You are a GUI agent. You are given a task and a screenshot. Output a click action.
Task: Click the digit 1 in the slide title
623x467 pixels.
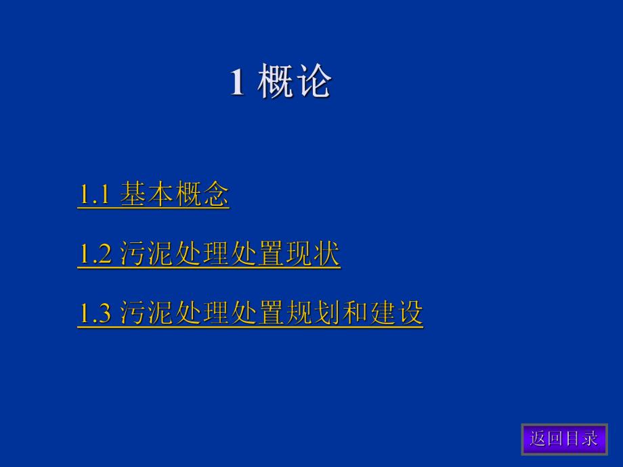click(237, 83)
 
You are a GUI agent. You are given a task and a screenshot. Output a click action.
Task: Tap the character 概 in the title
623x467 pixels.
click(276, 83)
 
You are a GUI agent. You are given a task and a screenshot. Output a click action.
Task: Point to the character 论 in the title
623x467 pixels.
click(314, 83)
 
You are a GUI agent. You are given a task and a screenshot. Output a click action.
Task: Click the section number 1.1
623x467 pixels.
click(94, 196)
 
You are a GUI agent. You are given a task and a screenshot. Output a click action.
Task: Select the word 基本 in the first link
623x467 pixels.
click(147, 196)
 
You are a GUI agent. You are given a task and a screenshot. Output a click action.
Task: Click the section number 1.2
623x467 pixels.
click(94, 254)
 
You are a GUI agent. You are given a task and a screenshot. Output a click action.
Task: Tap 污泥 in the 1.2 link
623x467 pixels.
click(147, 254)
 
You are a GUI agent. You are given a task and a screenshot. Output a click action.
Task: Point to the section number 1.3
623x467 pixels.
click(94, 313)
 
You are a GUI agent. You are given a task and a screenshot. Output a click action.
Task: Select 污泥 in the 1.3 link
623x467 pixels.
click(147, 313)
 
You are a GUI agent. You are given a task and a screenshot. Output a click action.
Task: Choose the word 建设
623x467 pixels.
click(395, 313)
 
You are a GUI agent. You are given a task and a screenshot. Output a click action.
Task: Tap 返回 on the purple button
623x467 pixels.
click(546, 439)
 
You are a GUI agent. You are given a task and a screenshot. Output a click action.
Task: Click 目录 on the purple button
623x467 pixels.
click(581, 439)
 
